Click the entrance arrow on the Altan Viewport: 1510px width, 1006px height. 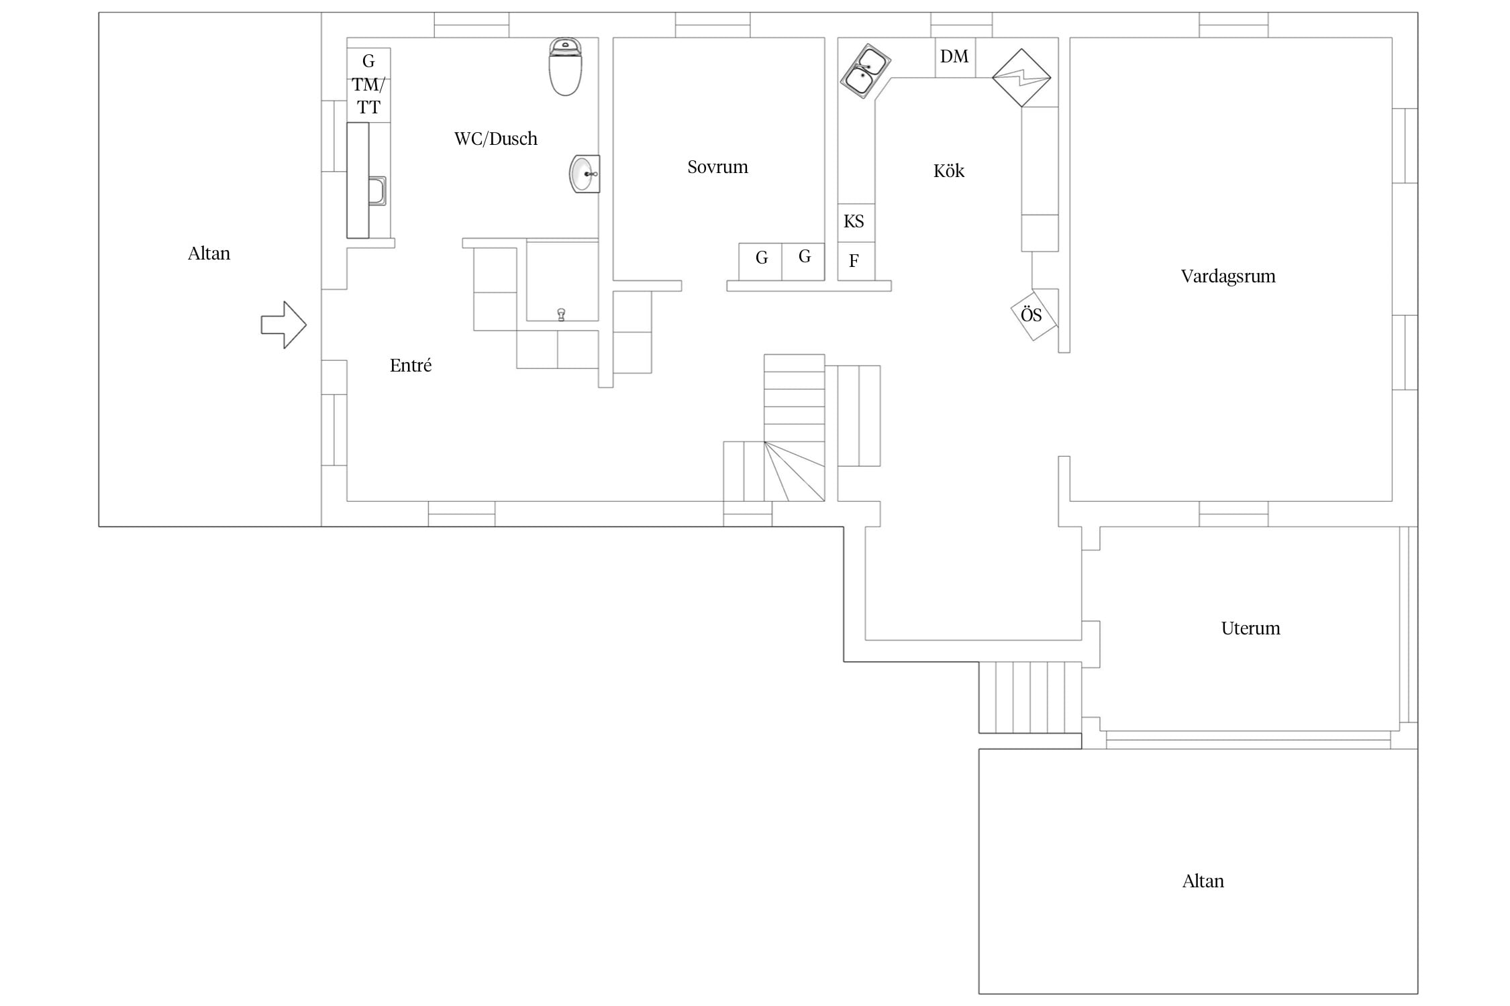(x=284, y=325)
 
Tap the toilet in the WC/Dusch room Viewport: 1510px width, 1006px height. (x=565, y=66)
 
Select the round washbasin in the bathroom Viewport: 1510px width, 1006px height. (x=585, y=174)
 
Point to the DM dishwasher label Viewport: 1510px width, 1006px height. (x=954, y=56)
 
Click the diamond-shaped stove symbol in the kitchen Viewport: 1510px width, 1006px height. (x=1021, y=78)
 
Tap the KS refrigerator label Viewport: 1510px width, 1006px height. (x=854, y=221)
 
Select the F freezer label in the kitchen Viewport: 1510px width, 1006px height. (x=854, y=261)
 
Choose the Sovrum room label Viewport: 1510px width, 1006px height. (x=717, y=167)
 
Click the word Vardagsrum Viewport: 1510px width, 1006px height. (x=1228, y=276)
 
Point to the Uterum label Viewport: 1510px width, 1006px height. (x=1250, y=628)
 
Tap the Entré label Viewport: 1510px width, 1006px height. (x=411, y=366)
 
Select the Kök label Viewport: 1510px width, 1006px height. (x=949, y=171)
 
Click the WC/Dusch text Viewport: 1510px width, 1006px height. (x=496, y=139)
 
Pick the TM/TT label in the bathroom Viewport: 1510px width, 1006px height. (x=368, y=96)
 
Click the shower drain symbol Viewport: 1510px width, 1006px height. (x=561, y=314)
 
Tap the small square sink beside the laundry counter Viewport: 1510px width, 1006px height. (x=377, y=190)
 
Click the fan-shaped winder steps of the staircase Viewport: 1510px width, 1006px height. (x=795, y=471)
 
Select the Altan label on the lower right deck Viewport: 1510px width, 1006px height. (x=1203, y=881)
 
